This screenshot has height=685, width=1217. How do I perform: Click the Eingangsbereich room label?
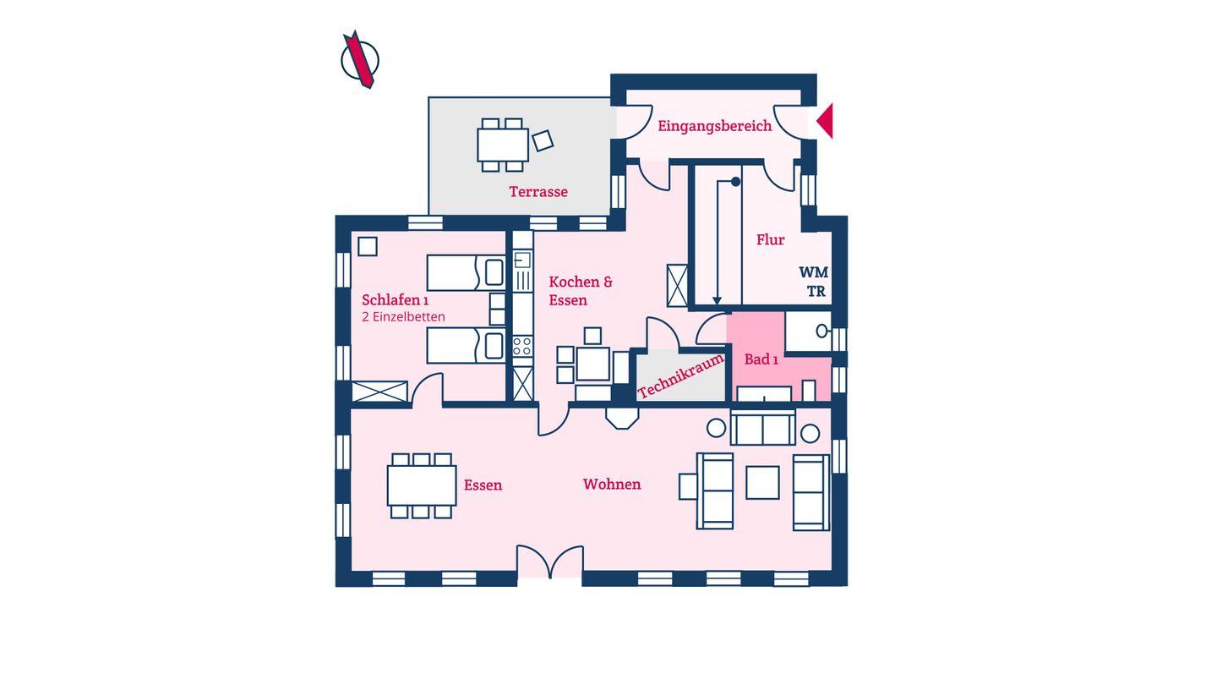point(714,126)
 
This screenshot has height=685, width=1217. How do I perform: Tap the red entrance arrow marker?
point(826,121)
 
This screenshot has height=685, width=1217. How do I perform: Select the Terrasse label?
point(538,191)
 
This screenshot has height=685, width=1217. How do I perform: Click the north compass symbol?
point(360,59)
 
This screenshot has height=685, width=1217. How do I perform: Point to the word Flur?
point(771,239)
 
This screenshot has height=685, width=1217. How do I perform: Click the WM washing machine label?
point(813,271)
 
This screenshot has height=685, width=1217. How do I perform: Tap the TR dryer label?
point(816,292)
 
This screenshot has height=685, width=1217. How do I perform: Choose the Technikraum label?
point(681,375)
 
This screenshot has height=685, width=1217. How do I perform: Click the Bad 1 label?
point(761,359)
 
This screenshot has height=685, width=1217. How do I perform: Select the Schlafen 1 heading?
point(396,299)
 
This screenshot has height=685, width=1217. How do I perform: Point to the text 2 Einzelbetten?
point(403,316)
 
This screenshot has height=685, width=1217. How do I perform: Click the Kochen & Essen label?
point(581,291)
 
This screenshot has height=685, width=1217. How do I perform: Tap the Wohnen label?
point(612,484)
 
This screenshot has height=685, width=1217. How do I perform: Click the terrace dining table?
point(503,145)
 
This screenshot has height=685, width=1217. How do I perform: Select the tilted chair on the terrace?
point(543,140)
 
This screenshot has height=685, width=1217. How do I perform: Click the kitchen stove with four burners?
point(522,347)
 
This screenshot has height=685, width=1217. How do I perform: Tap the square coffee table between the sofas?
point(762,482)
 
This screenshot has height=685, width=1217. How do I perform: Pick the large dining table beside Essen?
point(422,485)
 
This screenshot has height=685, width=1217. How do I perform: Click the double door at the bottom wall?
point(549,561)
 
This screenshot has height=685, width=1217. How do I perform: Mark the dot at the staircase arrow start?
point(735,182)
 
